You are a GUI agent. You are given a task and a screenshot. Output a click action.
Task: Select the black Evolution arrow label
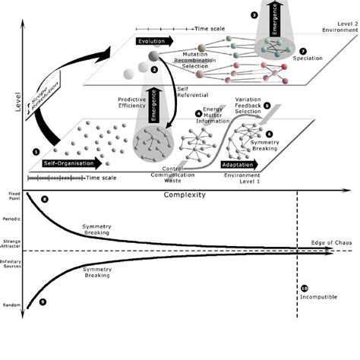[x=154, y=42]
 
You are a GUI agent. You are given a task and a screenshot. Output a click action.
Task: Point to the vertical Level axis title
[x=9, y=99]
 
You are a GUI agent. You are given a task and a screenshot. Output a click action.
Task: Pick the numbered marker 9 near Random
[x=42, y=302]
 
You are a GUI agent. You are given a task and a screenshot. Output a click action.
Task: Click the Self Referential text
[x=189, y=94]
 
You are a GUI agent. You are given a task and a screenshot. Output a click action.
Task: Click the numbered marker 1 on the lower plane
[x=36, y=151]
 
